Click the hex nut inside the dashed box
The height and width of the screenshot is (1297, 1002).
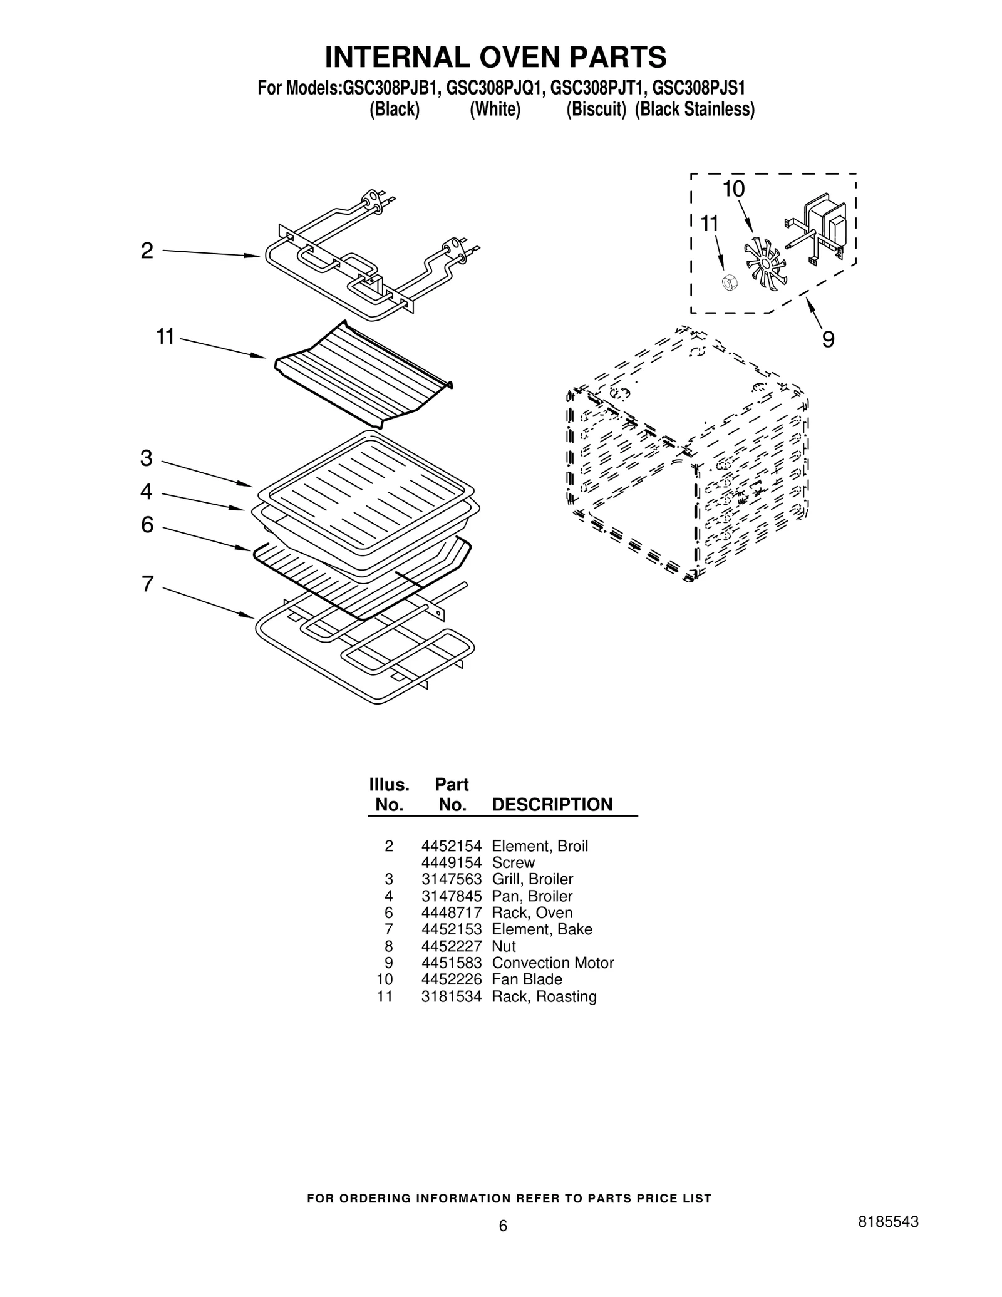click(729, 282)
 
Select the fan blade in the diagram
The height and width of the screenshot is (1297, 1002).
click(765, 263)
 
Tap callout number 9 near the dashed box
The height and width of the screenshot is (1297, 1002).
click(828, 340)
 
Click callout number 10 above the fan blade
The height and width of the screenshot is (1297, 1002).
click(734, 189)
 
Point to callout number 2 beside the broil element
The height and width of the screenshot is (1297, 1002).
click(147, 251)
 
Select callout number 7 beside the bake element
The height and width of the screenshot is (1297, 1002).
click(147, 584)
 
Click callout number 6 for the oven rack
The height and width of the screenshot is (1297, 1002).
click(147, 525)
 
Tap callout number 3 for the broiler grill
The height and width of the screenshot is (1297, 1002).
click(147, 458)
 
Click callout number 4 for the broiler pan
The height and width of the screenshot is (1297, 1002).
click(147, 492)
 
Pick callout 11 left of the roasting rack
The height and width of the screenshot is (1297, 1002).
click(165, 337)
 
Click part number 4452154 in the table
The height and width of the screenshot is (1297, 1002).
click(451, 846)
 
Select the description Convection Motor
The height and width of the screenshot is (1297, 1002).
click(552, 963)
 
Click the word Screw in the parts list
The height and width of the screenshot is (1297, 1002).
click(514, 862)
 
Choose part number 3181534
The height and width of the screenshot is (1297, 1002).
click(451, 996)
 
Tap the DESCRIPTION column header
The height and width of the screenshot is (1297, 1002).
click(552, 805)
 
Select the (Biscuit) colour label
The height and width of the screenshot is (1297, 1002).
click(596, 110)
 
